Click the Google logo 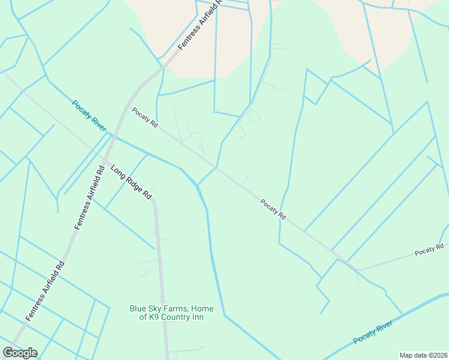[x=20, y=353]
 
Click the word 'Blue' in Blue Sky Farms [x=139, y=309]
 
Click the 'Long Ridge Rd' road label [x=131, y=182]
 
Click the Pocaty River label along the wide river [x=373, y=332]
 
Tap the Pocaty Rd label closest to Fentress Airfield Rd [x=145, y=117]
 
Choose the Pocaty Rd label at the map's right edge [x=430, y=250]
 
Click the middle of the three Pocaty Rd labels [x=274, y=209]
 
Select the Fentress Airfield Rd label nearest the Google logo [x=45, y=290]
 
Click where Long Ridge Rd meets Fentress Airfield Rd [x=105, y=160]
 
